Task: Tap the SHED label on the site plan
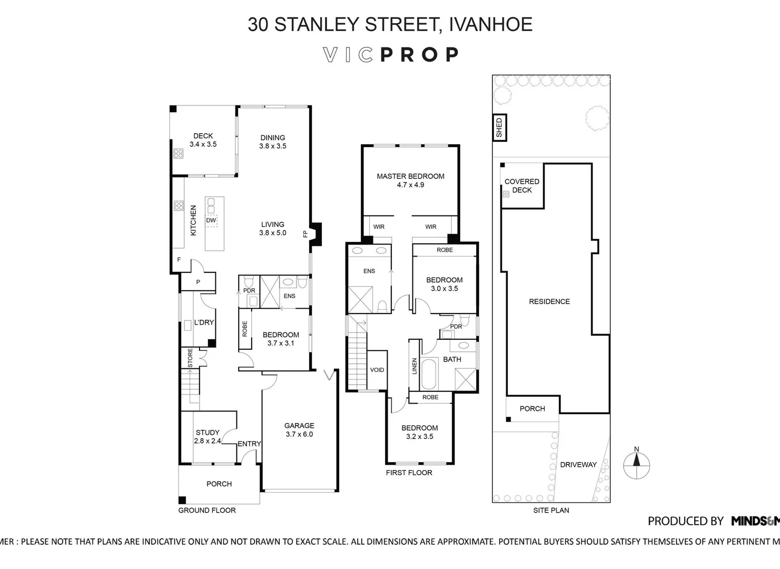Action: pos(499,127)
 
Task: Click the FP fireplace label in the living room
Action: pos(305,233)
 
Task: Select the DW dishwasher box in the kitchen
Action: pos(211,221)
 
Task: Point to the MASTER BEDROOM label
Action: pos(410,176)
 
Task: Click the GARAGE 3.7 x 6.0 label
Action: pos(299,430)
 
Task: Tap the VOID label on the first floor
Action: pos(377,370)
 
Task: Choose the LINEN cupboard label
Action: pos(414,366)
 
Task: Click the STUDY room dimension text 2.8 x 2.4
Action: pos(208,441)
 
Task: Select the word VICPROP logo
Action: pos(390,55)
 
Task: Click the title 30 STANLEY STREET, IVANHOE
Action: pos(390,24)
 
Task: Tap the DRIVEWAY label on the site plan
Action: pos(578,465)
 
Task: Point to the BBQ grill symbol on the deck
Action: pos(179,153)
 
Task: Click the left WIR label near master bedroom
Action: pos(379,227)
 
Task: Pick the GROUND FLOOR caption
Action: pos(207,510)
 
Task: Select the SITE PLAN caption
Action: pos(551,510)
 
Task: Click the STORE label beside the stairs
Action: pos(190,358)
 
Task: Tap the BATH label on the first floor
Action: pos(452,359)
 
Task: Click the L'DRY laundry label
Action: pos(204,322)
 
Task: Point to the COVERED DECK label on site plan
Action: pos(522,185)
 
